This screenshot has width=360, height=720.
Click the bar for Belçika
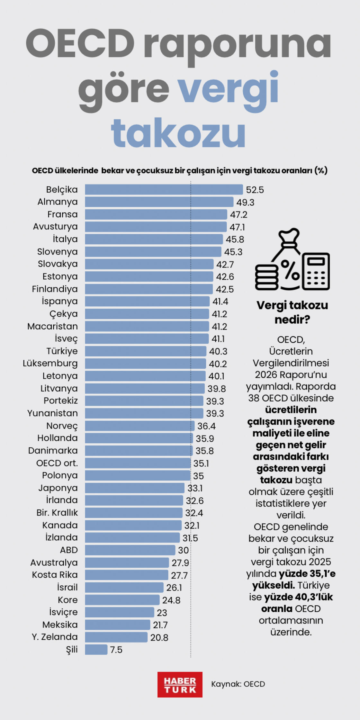(x=164, y=190)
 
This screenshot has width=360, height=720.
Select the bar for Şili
(x=96, y=650)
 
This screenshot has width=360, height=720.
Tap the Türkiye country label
(x=62, y=351)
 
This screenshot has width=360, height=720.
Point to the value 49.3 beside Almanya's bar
(x=245, y=203)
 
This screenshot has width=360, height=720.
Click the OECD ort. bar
(x=138, y=463)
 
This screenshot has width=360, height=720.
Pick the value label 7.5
(x=116, y=650)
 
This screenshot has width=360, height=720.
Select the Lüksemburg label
(x=50, y=364)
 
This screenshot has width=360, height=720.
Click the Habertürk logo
(x=180, y=684)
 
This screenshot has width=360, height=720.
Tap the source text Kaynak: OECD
(x=238, y=684)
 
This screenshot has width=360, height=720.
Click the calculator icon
(x=316, y=271)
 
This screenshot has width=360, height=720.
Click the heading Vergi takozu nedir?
(x=292, y=312)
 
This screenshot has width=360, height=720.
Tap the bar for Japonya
(x=135, y=488)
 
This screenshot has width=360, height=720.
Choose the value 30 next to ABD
(x=183, y=550)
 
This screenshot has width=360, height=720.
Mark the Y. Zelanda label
(x=55, y=637)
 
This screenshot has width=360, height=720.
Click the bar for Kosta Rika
(x=127, y=575)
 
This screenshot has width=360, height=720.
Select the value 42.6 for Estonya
(x=225, y=277)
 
